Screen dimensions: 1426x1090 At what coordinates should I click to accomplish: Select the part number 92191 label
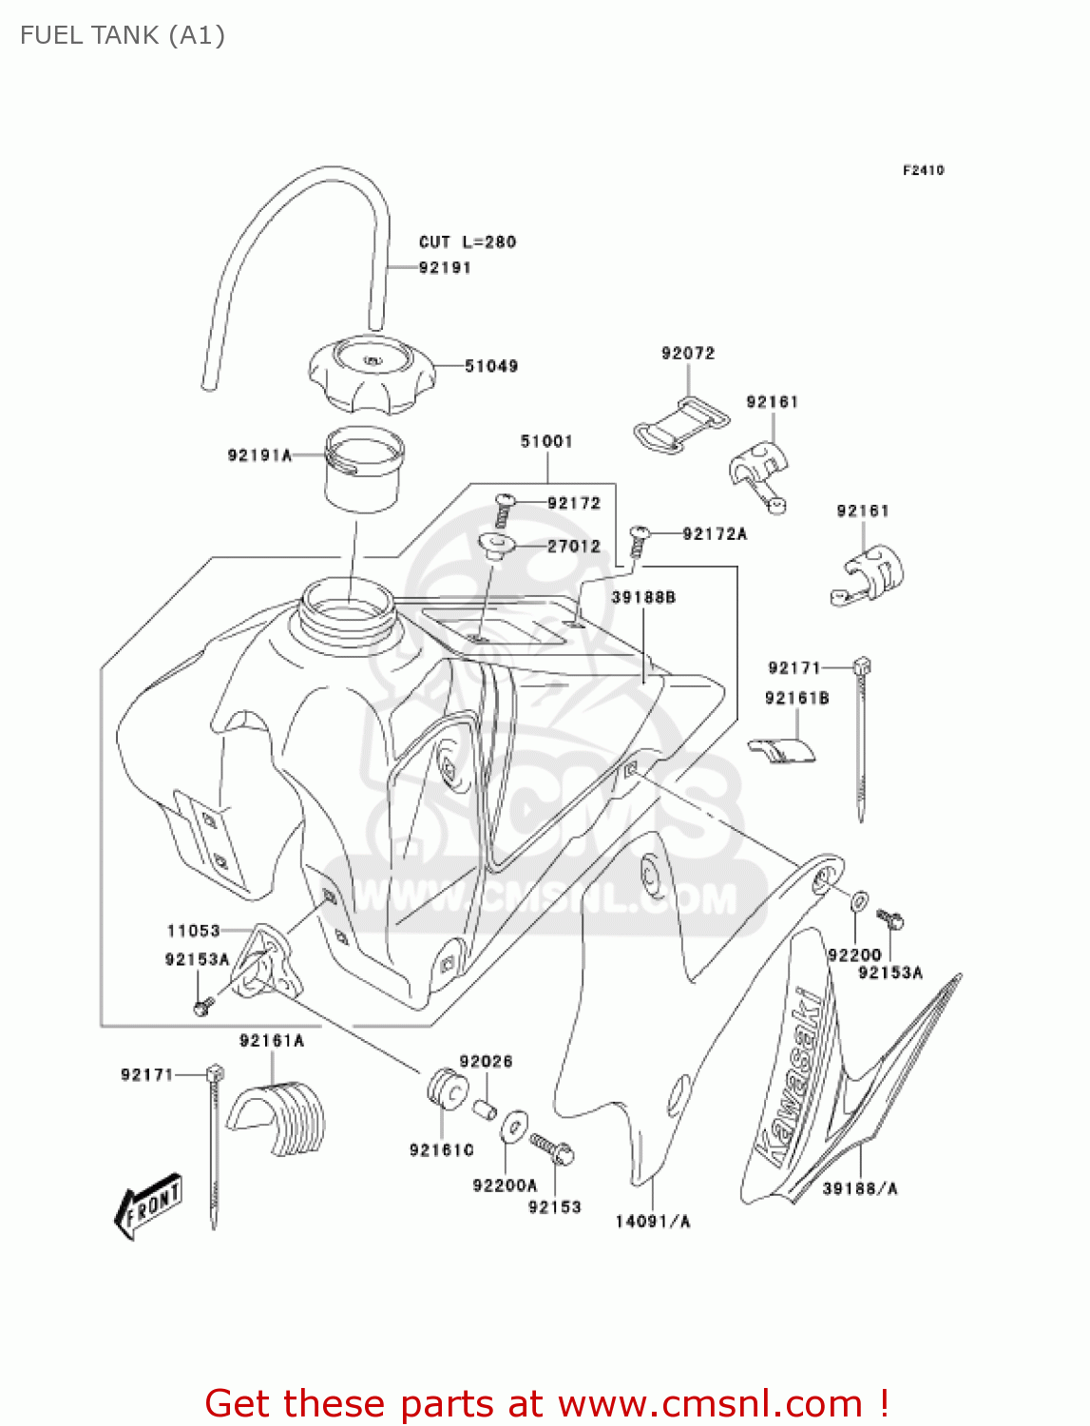pos(445,268)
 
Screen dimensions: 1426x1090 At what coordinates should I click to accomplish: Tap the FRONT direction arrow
pos(148,1205)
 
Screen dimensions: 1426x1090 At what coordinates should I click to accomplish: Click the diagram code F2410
pos(923,170)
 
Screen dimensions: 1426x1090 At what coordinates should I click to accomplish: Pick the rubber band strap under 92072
pos(680,423)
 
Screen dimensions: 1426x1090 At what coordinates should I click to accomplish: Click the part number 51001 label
pos(546,441)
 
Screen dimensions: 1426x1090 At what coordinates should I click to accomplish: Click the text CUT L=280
pos(468,242)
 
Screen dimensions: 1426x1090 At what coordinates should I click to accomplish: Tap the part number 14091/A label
pos(653,1222)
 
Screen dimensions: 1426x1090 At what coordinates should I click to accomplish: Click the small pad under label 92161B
pos(782,751)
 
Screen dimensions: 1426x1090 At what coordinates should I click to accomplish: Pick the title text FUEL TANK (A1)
pos(123,35)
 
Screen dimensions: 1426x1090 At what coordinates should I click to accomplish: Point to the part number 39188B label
pos(643,597)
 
